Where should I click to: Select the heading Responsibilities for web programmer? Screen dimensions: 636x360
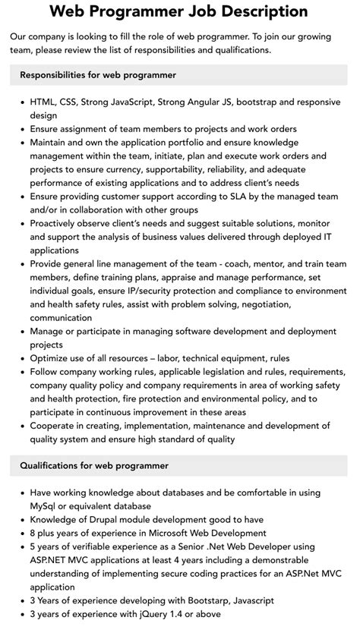point(98,75)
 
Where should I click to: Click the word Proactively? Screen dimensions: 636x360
point(60,223)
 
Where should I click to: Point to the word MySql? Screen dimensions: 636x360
point(47,505)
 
